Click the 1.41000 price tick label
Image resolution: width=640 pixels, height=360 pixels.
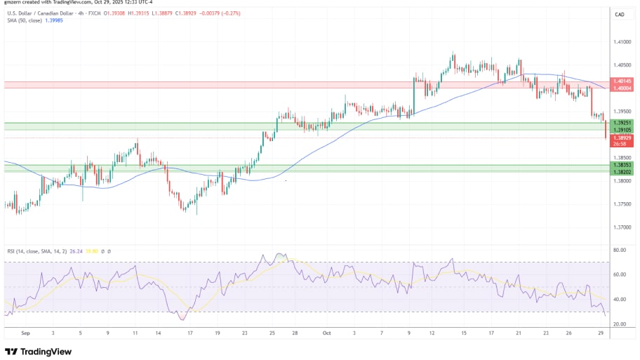tap(621, 42)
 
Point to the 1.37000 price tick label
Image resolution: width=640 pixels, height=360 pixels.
tap(621, 227)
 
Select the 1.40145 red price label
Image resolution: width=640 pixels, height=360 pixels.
tap(622, 81)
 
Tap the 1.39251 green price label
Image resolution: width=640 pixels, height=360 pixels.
tap(622, 123)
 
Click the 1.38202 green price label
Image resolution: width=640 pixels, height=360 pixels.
tap(622, 172)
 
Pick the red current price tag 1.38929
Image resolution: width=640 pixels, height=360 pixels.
tap(622, 138)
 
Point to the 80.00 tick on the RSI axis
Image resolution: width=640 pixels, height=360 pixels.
tap(619, 250)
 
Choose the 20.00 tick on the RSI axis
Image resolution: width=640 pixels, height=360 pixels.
tap(619, 324)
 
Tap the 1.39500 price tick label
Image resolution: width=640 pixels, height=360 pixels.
tap(621, 111)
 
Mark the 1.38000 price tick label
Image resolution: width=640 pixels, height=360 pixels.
tap(621, 180)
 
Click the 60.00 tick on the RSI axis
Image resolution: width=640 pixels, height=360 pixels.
tap(619, 274)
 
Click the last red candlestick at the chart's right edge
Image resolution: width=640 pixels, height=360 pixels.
tap(606, 130)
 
